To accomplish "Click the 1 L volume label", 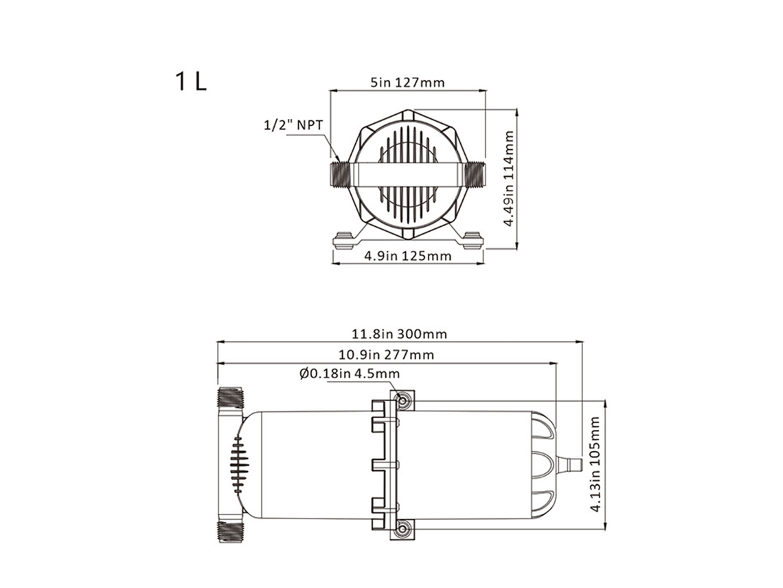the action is coord(190,82).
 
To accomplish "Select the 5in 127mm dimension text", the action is coord(407,82).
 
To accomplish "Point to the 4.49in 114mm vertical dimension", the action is coord(509,179).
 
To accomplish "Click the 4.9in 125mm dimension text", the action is coord(408,256).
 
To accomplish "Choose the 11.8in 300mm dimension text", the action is coord(400,334).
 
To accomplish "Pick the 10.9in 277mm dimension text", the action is coord(387,355).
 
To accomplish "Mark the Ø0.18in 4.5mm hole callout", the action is coord(350,373).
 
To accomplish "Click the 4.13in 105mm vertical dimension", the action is coord(595,465).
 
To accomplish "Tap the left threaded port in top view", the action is coord(341,175).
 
